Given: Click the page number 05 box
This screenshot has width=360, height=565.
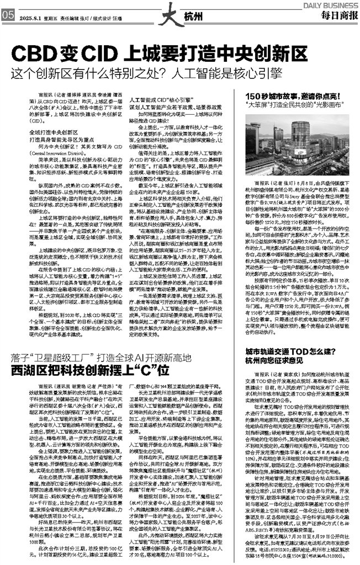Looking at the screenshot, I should tap(8, 15).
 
